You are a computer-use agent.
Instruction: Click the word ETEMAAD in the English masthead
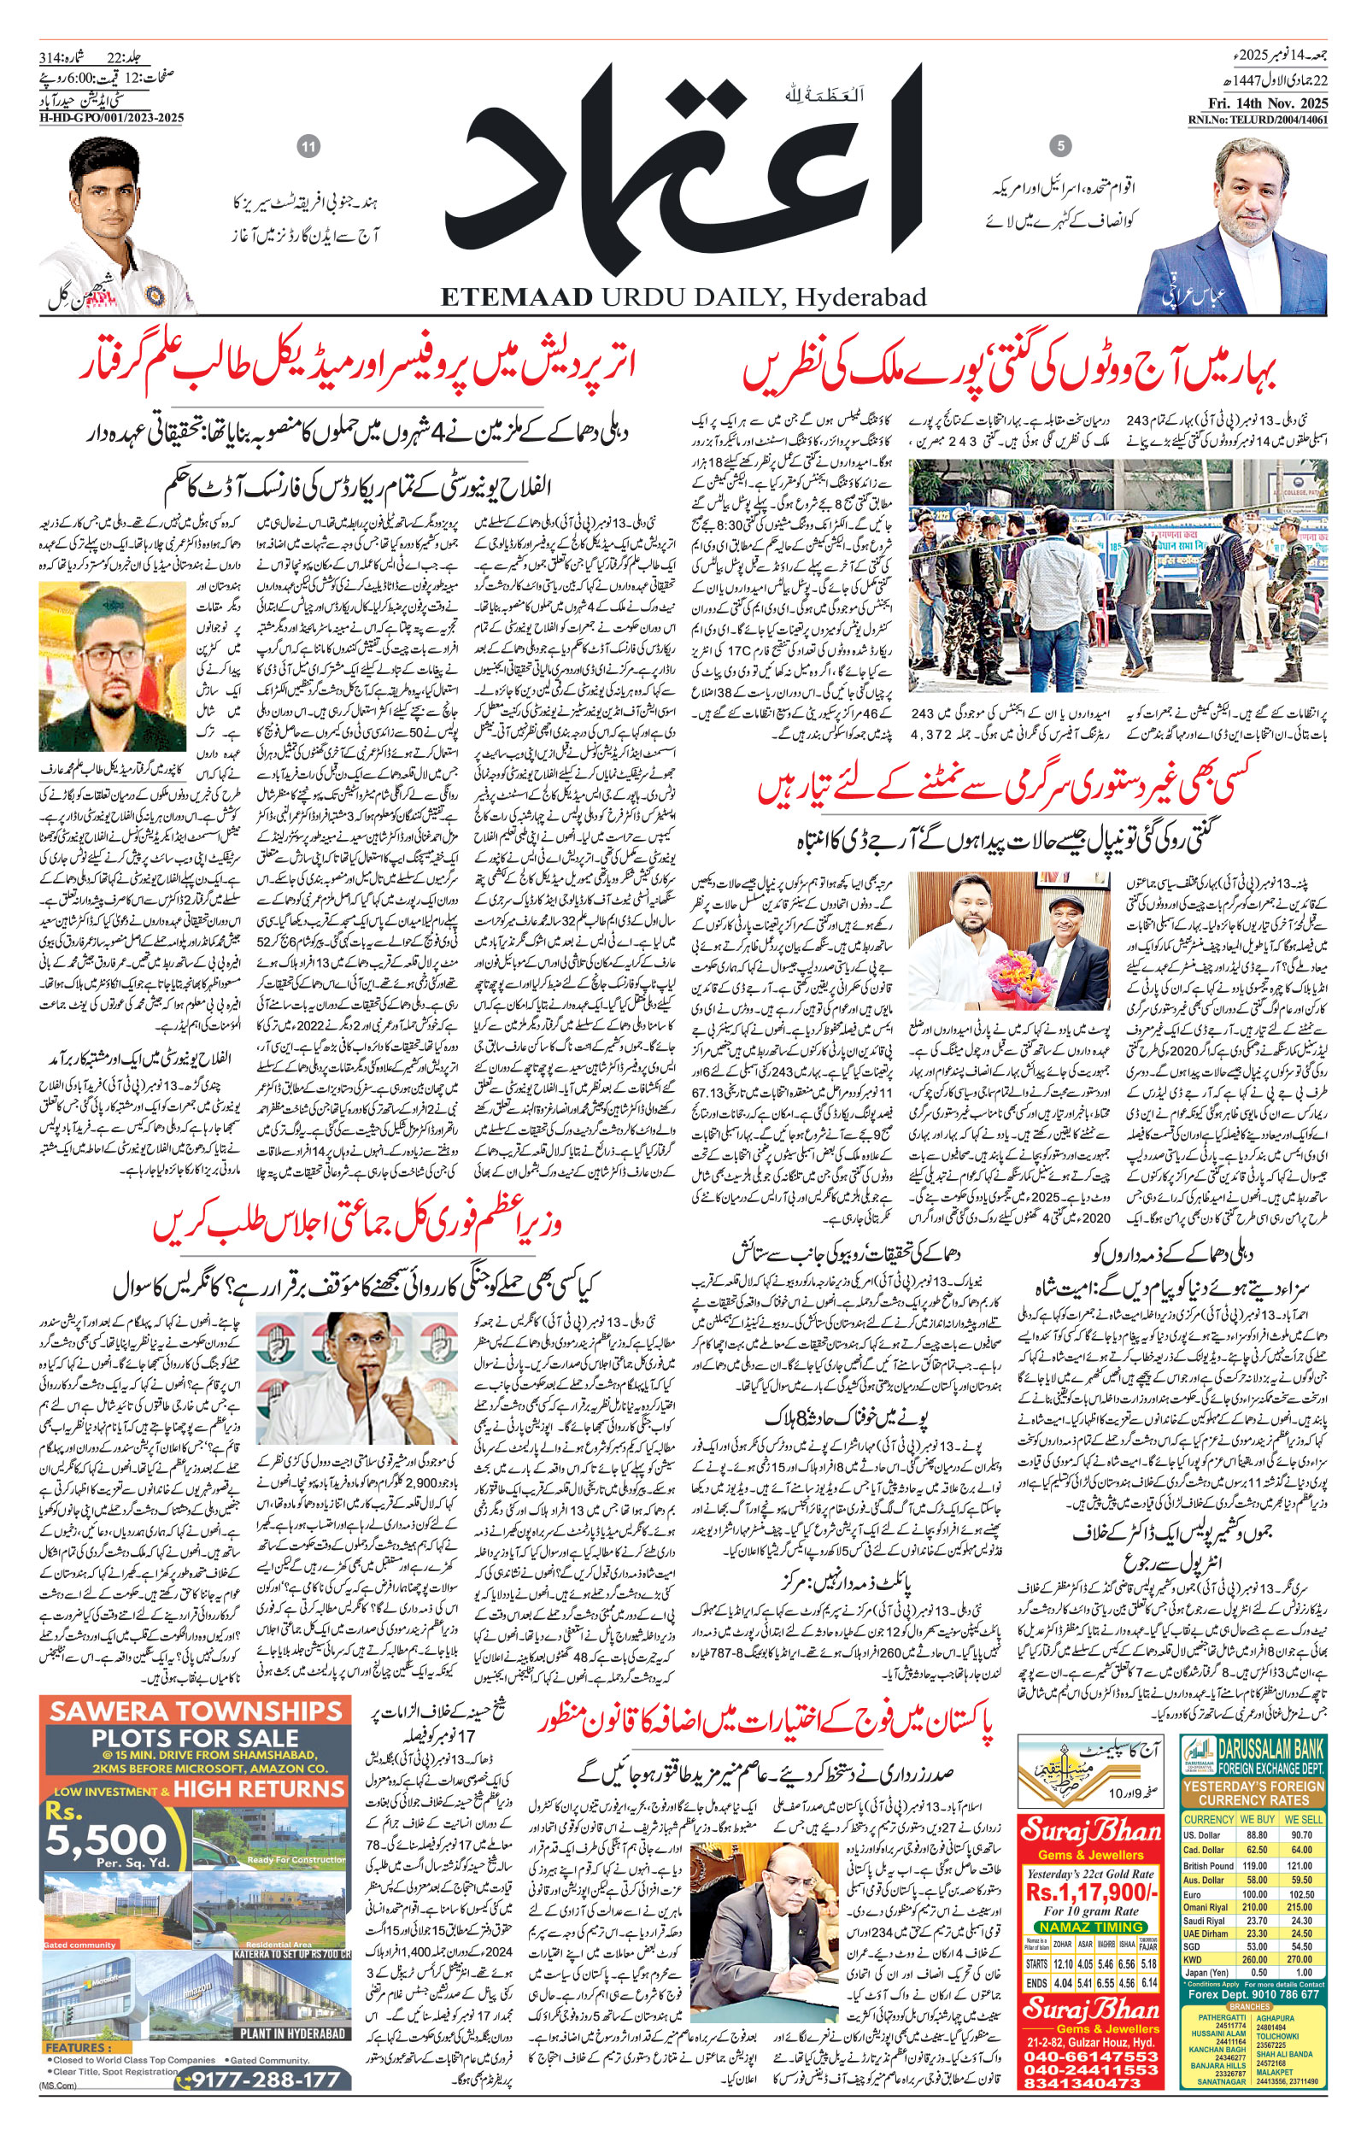click(515, 296)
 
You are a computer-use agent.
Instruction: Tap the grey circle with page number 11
click(309, 147)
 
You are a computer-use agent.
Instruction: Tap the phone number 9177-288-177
click(265, 2078)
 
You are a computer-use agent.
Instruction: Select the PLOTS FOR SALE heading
click(195, 1739)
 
